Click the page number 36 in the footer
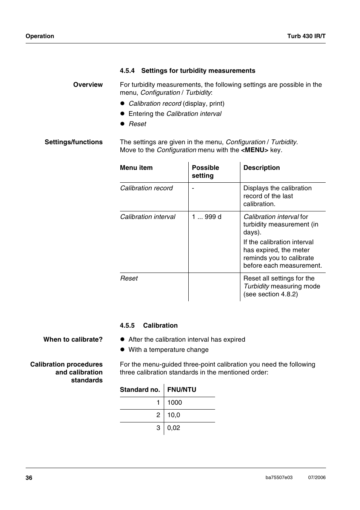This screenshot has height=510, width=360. tap(29, 478)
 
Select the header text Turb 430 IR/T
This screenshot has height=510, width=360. tap(306, 36)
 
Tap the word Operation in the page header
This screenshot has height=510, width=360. tap(40, 36)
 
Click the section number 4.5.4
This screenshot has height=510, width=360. tap(127, 71)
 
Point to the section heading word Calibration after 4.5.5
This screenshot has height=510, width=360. tap(160, 325)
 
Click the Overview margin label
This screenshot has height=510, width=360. tap(88, 85)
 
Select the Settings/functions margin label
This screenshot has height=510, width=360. tap(74, 142)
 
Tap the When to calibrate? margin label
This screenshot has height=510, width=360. tap(73, 339)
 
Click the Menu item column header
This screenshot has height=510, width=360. tap(136, 168)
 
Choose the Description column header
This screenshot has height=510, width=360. tap(262, 168)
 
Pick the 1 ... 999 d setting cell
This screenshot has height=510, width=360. tap(206, 217)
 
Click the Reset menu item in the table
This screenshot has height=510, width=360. tap(129, 278)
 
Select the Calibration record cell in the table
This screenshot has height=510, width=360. tap(146, 188)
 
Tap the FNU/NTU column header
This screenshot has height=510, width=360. tap(182, 390)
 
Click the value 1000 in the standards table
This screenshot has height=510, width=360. tap(174, 402)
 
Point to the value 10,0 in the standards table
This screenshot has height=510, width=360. tap(174, 415)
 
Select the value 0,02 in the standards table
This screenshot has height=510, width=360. tap(174, 428)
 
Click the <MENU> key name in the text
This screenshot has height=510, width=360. tap(255, 150)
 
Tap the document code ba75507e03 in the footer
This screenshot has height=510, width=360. tap(279, 478)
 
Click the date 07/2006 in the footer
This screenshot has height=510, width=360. tap(317, 478)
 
